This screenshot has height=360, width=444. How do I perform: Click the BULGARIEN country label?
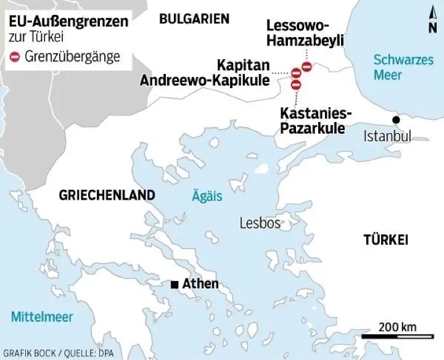[194, 19]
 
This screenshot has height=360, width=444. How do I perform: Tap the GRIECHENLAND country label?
[107, 195]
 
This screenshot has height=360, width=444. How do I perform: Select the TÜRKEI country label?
[385, 240]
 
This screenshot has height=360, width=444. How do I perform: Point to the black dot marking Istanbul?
[396, 119]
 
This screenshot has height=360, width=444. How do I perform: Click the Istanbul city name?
[387, 136]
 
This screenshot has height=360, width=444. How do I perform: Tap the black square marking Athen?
[175, 284]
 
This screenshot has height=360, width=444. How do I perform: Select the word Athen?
[200, 284]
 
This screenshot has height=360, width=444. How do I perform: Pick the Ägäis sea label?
[206, 196]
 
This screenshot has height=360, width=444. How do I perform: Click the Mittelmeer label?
[42, 317]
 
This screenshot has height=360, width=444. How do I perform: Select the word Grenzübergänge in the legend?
[72, 57]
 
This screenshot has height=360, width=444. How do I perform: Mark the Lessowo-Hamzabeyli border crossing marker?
[306, 66]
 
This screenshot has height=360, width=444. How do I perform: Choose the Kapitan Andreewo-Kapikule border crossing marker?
[296, 73]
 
